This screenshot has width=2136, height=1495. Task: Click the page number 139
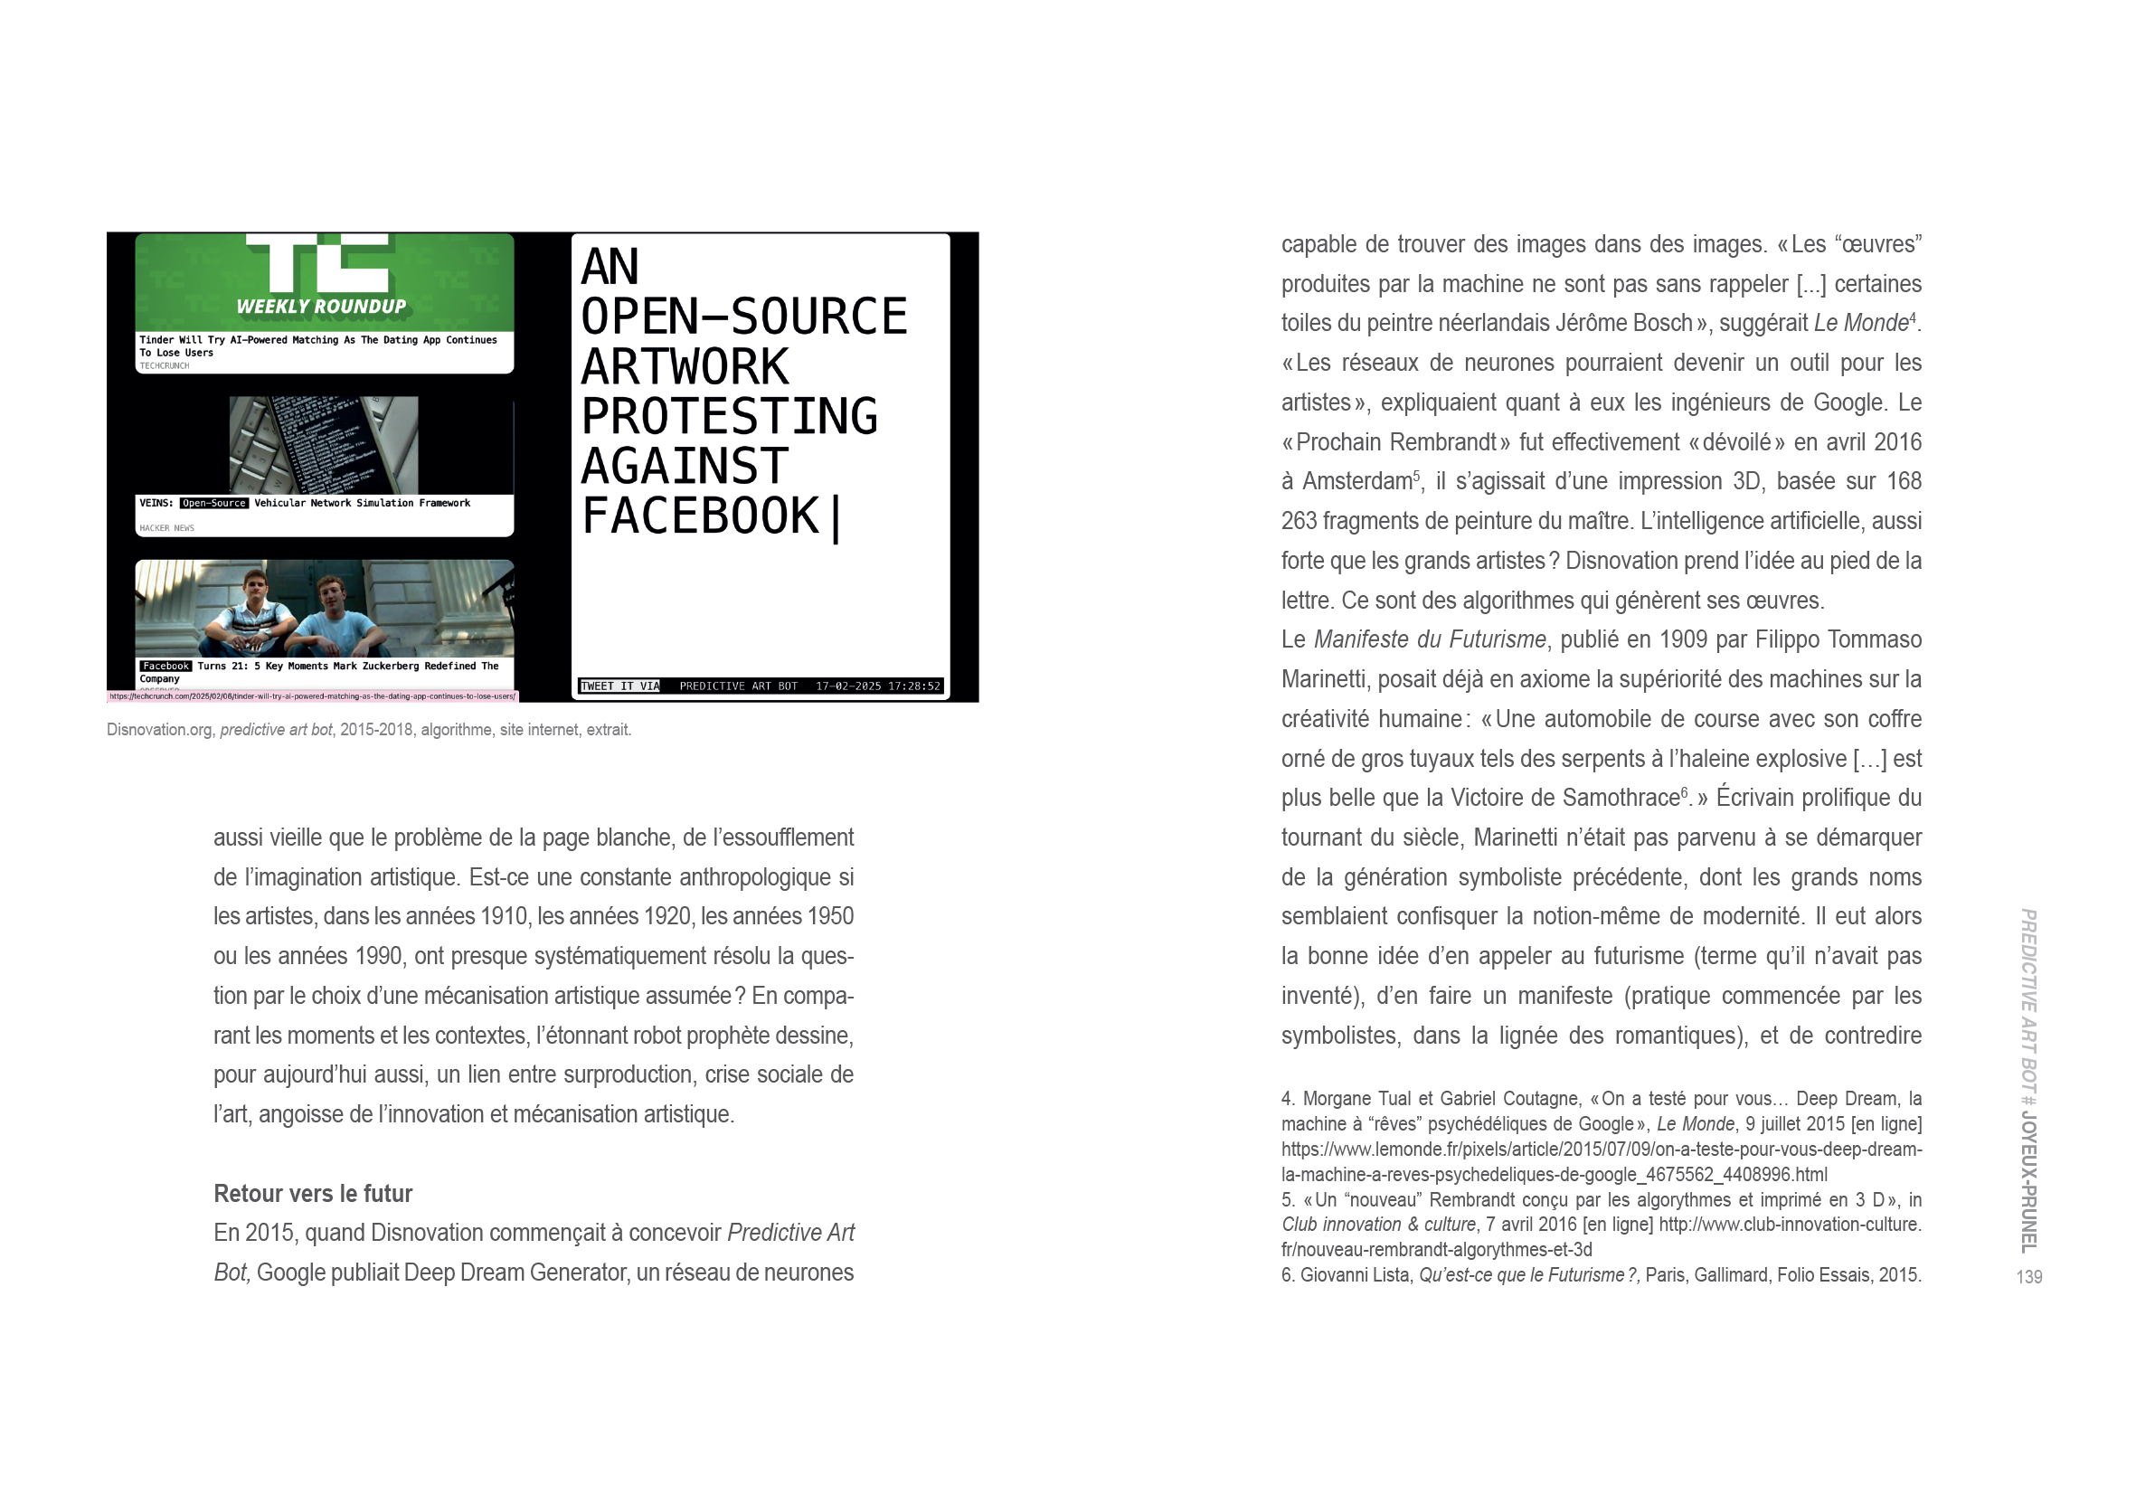pos(2029,1277)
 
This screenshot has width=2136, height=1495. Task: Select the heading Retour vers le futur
pos(313,1194)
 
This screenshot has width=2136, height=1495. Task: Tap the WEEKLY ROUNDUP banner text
pos(321,306)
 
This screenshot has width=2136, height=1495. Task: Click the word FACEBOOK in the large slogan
pos(700,516)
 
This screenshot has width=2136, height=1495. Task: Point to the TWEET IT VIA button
pos(619,686)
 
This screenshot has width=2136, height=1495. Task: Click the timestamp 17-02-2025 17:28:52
pos(877,686)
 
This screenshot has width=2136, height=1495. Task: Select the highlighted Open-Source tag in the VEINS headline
pos(214,503)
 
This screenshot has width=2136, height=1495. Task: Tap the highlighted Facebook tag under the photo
pos(165,666)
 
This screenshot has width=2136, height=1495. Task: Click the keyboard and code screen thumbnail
pos(324,445)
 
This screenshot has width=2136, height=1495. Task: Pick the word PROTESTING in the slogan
pos(730,416)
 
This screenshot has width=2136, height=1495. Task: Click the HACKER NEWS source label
pos(166,528)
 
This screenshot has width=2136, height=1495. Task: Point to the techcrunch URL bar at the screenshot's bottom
pos(313,695)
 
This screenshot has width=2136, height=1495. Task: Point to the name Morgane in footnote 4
pos(1347,1099)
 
